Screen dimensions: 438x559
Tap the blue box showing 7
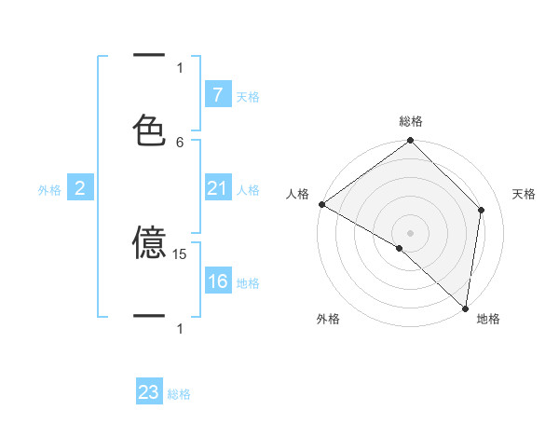click(217, 95)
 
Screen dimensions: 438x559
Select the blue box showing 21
click(217, 189)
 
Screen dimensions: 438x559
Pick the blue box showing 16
click(217, 281)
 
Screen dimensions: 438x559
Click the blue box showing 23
click(149, 392)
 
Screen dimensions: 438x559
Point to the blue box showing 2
click(79, 189)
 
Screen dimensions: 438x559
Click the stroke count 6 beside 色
click(180, 142)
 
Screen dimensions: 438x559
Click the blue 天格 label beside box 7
click(248, 96)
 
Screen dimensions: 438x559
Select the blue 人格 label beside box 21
click(248, 190)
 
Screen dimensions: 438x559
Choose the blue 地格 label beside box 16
click(248, 282)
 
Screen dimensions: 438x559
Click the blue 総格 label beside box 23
click(179, 394)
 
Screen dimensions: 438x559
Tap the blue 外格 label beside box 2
click(49, 190)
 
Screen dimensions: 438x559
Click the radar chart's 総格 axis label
click(411, 121)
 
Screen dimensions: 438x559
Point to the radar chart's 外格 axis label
click(328, 319)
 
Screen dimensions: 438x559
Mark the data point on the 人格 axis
click(321, 204)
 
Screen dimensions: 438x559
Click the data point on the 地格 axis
click(465, 308)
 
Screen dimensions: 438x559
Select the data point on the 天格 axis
click(482, 210)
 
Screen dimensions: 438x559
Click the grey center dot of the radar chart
click(410, 232)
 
